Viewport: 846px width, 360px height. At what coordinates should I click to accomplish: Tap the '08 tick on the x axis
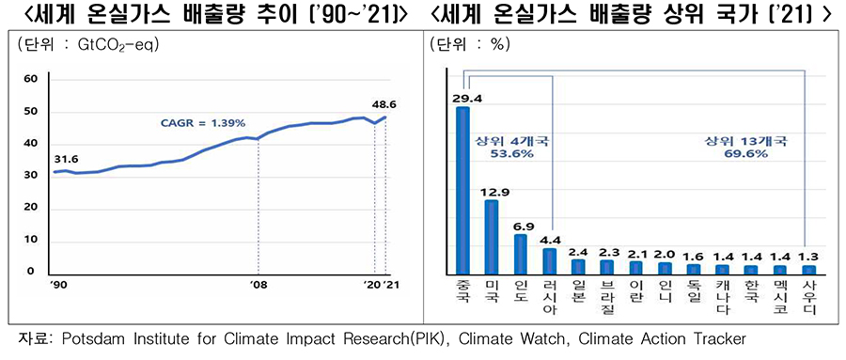point(258,282)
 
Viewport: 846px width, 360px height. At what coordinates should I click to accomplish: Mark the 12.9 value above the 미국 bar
point(494,192)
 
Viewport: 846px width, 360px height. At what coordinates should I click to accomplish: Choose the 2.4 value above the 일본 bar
point(580,251)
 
